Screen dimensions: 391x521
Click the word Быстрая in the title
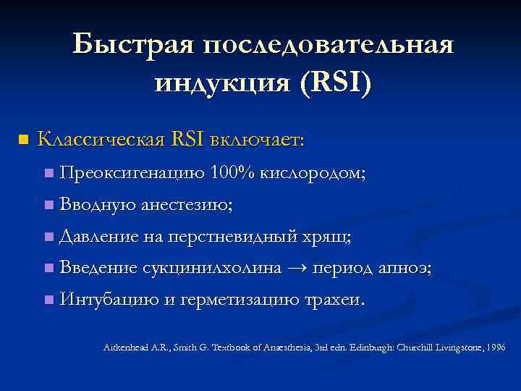point(133,46)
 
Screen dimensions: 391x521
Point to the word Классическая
point(101,139)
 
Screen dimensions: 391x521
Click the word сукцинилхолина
point(212,268)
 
